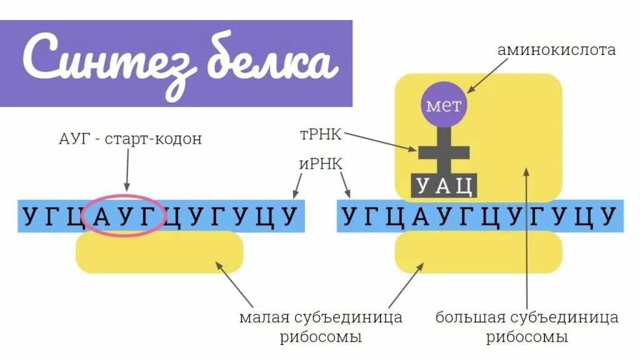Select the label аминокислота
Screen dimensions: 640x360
(x=556, y=50)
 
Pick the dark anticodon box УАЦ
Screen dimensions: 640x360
(x=444, y=186)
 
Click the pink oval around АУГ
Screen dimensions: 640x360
(x=123, y=216)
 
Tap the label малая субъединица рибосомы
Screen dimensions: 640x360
(x=320, y=327)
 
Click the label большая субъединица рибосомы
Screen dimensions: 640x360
(x=527, y=327)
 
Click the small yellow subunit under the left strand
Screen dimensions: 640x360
(x=159, y=252)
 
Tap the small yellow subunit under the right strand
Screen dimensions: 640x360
(x=478, y=252)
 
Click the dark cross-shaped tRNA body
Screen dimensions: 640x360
(x=444, y=150)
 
